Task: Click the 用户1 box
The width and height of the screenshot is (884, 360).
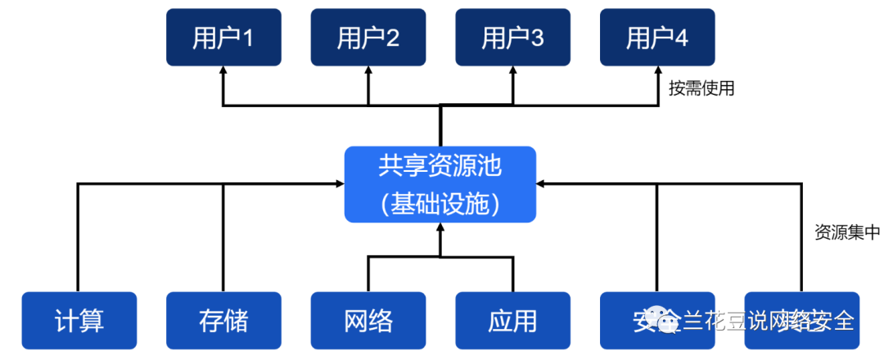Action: (223, 38)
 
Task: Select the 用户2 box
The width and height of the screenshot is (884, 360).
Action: (368, 38)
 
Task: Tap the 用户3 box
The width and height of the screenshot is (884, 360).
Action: (513, 38)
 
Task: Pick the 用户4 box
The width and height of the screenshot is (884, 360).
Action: (657, 38)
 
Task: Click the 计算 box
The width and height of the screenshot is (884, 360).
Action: (79, 320)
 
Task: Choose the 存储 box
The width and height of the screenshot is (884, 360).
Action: (223, 320)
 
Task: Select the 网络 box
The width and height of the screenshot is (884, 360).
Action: (368, 320)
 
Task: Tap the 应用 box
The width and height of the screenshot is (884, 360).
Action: (513, 320)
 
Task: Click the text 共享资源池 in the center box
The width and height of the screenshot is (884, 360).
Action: (440, 167)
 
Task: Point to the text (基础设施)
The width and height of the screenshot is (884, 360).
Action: (440, 202)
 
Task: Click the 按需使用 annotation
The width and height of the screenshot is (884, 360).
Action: (701, 88)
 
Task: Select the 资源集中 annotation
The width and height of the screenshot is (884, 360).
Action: (846, 232)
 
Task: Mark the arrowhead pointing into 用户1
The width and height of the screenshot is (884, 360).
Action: (223, 72)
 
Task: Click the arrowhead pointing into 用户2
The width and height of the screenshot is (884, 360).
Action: (368, 72)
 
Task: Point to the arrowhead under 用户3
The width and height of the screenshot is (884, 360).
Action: (513, 72)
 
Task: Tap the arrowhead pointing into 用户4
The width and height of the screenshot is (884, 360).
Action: (657, 72)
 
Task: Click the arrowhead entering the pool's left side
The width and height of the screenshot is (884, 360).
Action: (339, 184)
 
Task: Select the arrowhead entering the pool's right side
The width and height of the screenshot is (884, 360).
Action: (542, 184)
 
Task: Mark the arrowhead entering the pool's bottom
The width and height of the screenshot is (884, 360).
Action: (440, 228)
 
